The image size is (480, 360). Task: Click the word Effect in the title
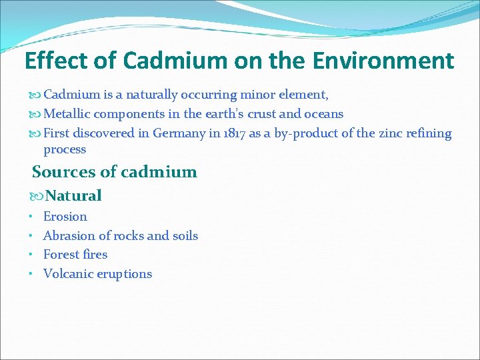[55, 61]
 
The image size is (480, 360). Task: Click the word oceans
[322, 114]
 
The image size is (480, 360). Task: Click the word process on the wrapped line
[65, 149]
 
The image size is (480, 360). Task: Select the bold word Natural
[73, 196]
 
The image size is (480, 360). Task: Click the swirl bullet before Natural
[37, 196]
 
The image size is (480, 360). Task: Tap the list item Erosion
[65, 217]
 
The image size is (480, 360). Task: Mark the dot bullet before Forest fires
[32, 255]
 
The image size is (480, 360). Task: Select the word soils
[185, 235]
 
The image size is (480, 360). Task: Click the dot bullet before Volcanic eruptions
[32, 274]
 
